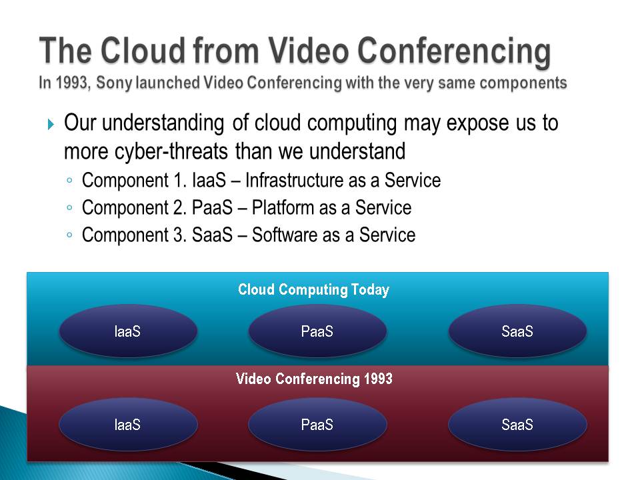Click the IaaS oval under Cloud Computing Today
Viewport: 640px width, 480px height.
(x=128, y=331)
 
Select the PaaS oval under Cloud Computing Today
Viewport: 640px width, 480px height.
(x=317, y=331)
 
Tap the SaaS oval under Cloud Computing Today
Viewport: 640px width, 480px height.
(x=517, y=331)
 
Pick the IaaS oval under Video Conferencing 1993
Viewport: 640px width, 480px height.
(x=128, y=425)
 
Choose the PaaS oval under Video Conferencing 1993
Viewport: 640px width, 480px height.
(x=317, y=425)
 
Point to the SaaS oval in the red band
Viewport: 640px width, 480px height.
(x=517, y=425)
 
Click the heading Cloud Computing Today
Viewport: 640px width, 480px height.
(x=313, y=290)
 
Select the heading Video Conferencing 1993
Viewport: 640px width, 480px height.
(x=314, y=379)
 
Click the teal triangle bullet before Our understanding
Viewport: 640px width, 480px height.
(x=51, y=124)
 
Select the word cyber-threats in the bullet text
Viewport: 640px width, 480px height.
(x=171, y=151)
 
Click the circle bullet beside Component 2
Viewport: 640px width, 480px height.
(x=69, y=208)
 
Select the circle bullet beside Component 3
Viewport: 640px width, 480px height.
(x=69, y=235)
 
